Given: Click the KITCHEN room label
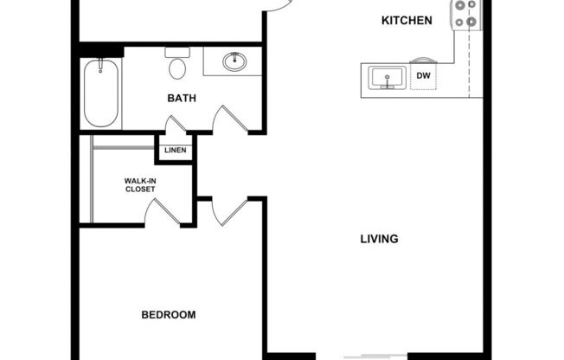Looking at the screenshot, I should click(x=407, y=21).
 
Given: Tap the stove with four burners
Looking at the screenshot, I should click(x=465, y=15).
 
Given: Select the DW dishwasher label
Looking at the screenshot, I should click(x=423, y=77).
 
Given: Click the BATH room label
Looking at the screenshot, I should click(x=182, y=98).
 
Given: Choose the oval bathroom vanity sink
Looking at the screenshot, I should click(x=233, y=61).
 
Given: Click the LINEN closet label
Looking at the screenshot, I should click(x=174, y=151).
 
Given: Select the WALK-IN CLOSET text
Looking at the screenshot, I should click(x=139, y=184).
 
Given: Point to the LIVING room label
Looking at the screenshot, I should click(x=379, y=238).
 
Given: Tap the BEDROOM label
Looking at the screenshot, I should click(x=168, y=314).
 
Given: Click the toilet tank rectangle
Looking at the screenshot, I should click(x=178, y=52).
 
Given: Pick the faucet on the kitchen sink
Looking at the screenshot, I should click(x=386, y=86).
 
